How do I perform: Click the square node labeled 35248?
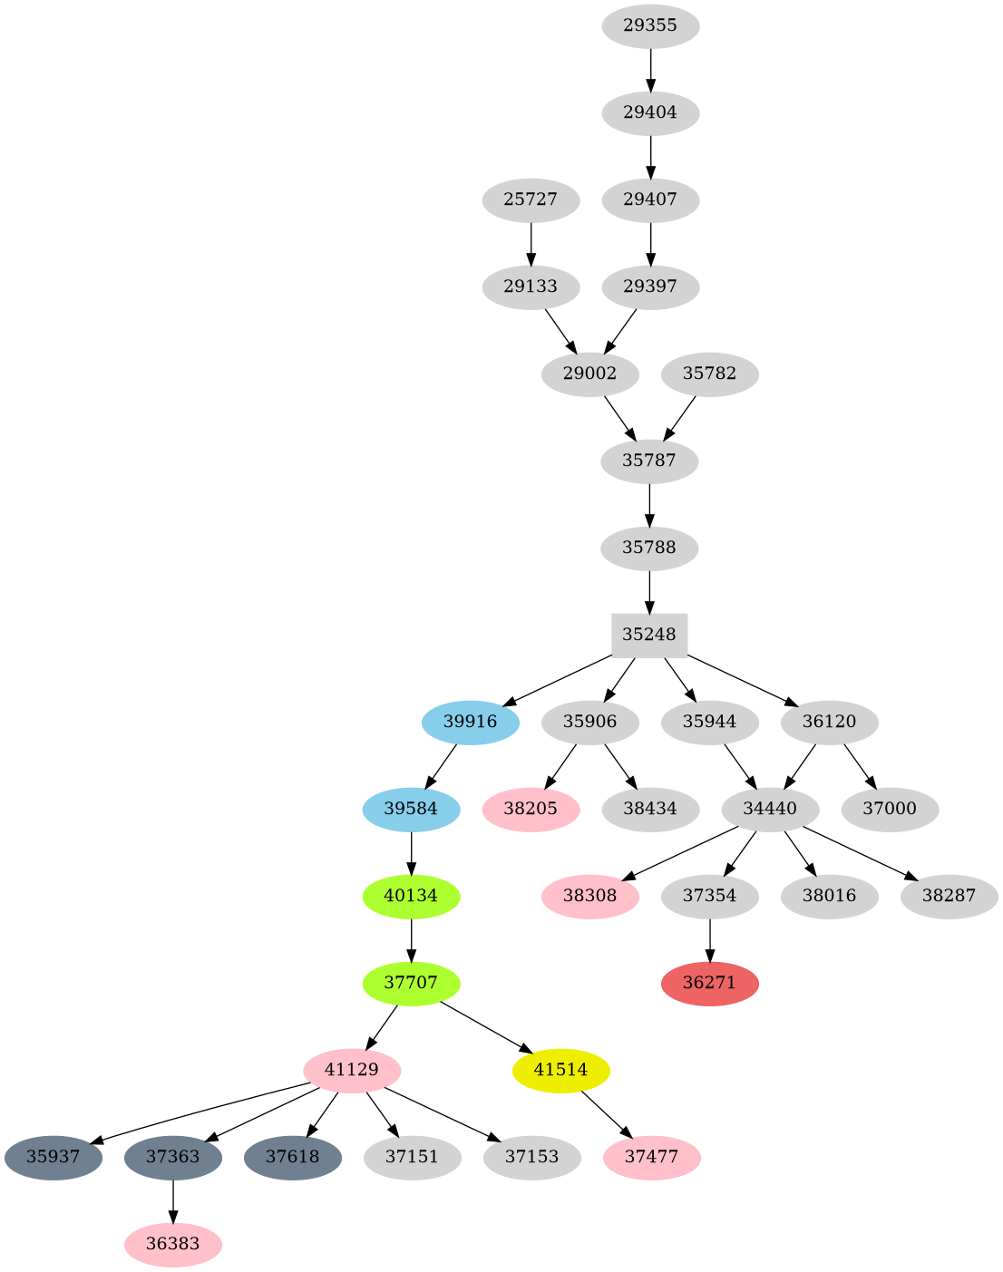tap(649, 635)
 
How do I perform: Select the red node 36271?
tap(709, 983)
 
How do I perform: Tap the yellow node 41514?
tap(560, 1070)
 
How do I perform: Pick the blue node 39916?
tap(471, 722)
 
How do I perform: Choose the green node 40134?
tap(411, 896)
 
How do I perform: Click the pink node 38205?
tap(531, 809)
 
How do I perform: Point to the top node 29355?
tap(650, 25)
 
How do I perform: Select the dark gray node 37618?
tap(292, 1157)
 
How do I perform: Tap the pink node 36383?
tap(172, 1244)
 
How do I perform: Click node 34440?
tap(770, 809)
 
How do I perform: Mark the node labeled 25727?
tap(531, 199)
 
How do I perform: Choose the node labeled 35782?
tap(709, 374)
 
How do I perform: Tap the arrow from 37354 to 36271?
tap(709, 939)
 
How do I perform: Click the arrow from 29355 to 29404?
tap(650, 69)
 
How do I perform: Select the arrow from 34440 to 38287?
tap(855, 851)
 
